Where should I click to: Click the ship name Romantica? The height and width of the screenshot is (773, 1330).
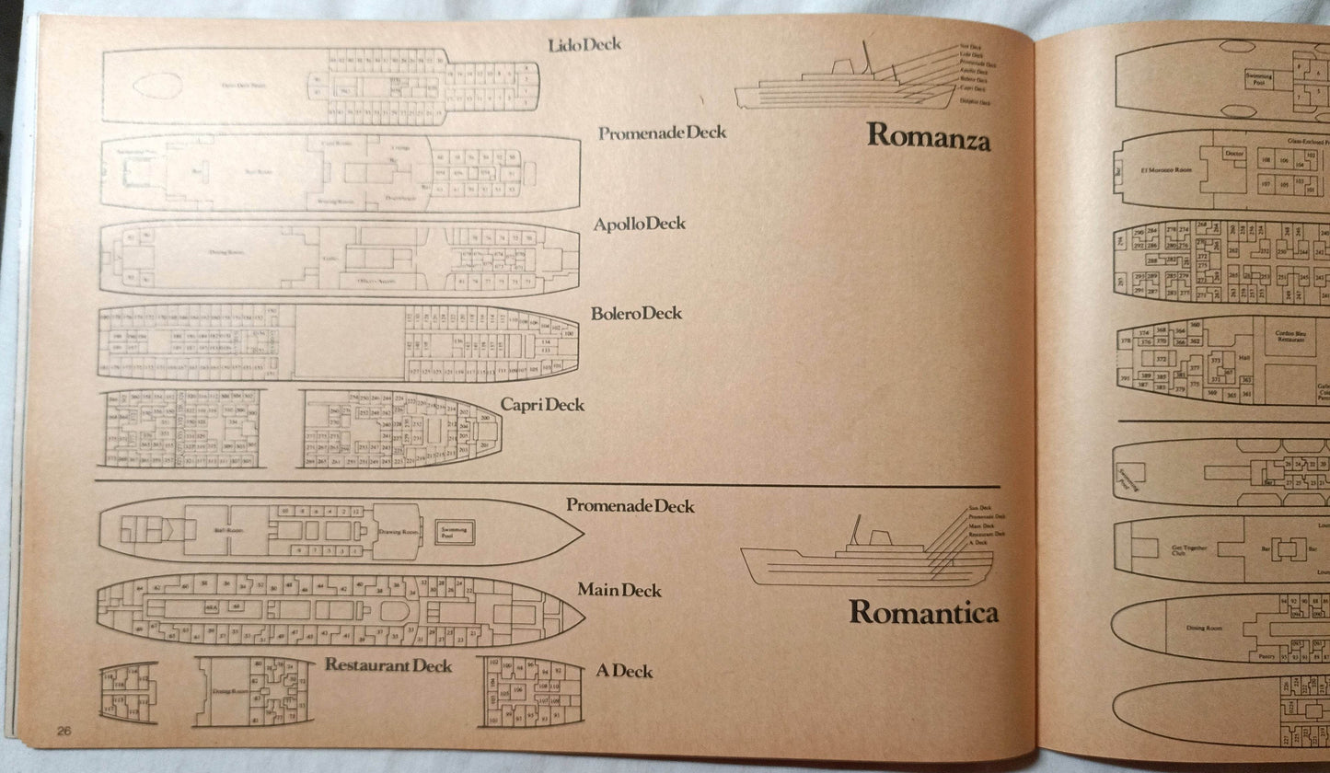[x=923, y=612]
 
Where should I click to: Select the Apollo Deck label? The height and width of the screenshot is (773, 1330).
[x=639, y=224]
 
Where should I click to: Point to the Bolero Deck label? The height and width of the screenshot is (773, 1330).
[x=636, y=314]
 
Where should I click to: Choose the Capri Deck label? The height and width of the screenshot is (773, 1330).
[x=542, y=405]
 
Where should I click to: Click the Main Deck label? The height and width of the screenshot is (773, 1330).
[x=619, y=590]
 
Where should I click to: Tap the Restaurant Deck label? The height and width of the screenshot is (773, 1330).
[x=387, y=664]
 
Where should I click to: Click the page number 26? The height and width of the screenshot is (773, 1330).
[x=63, y=733]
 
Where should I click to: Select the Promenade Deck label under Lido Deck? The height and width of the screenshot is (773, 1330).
[x=662, y=133]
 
